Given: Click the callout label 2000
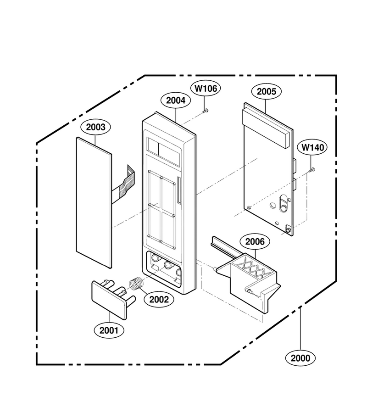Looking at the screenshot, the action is click(300, 358).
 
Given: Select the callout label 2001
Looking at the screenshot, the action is click(109, 330).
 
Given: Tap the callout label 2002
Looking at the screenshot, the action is click(159, 300).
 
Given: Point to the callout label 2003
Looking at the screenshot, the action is click(95, 127).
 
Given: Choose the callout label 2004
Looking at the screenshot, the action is click(176, 100).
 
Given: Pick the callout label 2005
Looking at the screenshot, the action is click(266, 91).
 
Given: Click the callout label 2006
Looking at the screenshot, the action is click(255, 241).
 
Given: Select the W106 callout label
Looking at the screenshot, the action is click(206, 89).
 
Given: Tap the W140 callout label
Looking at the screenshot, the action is click(312, 147).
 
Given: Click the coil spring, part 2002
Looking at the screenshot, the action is click(137, 284).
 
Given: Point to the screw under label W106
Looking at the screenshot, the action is click(205, 112).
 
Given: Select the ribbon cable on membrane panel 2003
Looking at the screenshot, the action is click(123, 186).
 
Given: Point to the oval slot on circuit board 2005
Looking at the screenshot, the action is click(284, 203).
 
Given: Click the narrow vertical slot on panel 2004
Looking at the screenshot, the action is click(179, 190).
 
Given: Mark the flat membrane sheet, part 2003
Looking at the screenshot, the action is click(94, 202).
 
